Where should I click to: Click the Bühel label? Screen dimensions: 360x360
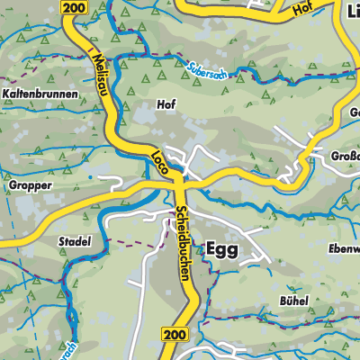click(x=293, y=300)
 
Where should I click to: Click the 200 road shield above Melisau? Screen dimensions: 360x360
click(x=75, y=7)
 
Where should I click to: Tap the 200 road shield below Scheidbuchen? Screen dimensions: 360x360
click(x=176, y=334)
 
